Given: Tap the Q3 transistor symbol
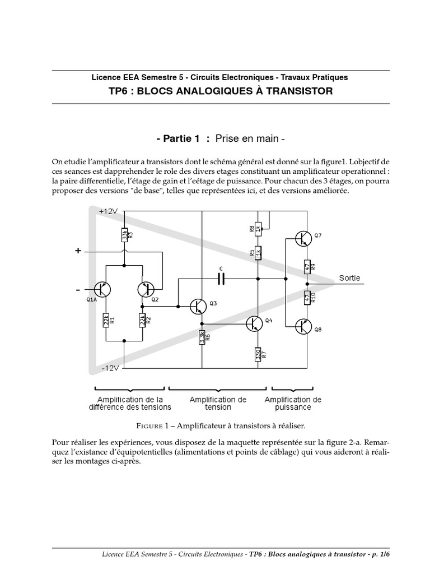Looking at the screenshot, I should [198, 306].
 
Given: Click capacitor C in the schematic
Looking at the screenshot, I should [221, 279].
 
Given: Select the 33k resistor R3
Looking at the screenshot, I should [124, 235].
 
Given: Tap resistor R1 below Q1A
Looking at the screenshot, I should [106, 321].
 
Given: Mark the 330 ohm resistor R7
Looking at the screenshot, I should [258, 354].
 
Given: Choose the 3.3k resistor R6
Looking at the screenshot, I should [202, 337].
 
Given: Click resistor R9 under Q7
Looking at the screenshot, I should [307, 266].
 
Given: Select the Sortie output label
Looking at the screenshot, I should [349, 278].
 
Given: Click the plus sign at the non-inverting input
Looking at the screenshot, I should [78, 252].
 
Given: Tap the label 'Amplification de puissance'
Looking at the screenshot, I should [293, 403].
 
